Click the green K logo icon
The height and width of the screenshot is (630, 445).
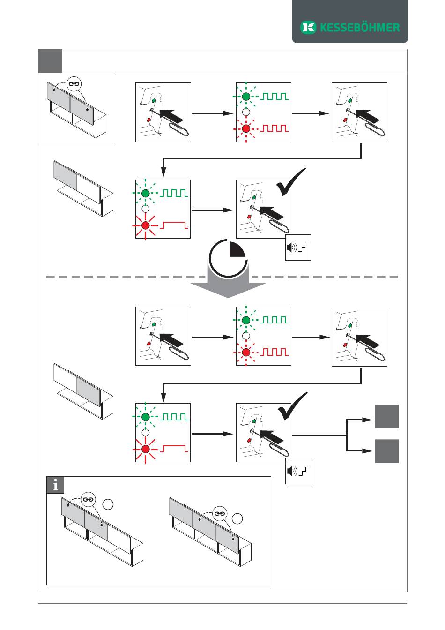pyautogui.click(x=308, y=27)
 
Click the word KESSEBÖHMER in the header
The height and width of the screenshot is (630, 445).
pyautogui.click(x=360, y=28)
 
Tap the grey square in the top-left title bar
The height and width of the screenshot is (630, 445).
pyautogui.click(x=50, y=61)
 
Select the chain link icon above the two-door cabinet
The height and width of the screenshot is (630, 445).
pyautogui.click(x=75, y=84)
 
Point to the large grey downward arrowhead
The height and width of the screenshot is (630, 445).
pyautogui.click(x=228, y=290)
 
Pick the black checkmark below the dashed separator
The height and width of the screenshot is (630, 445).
pyautogui.click(x=292, y=405)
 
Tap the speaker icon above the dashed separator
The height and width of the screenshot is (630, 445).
pyautogui.click(x=292, y=247)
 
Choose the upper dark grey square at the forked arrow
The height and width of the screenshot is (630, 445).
pyautogui.click(x=387, y=416)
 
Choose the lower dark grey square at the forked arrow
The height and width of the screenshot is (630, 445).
pyautogui.click(x=387, y=451)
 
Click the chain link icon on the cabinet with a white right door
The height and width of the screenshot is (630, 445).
pyautogui.click(x=88, y=499)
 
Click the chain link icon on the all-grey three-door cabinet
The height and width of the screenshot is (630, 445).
pyautogui.click(x=220, y=514)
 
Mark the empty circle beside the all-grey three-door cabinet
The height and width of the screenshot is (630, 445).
pyautogui.click(x=237, y=518)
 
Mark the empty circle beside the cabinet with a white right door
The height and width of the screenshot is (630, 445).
pyautogui.click(x=108, y=504)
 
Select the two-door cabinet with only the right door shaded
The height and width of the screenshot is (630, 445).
pyautogui.click(x=83, y=391)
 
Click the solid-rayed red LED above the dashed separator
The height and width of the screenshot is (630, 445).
pyautogui.click(x=145, y=225)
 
